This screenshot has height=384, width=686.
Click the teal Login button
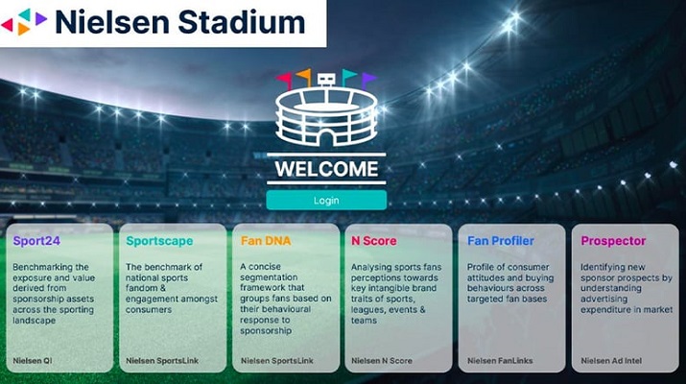(326, 200)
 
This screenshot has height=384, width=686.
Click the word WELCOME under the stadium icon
(326, 169)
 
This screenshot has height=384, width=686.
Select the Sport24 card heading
(36, 241)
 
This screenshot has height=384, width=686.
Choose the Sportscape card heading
(159, 241)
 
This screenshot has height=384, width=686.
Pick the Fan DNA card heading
(266, 241)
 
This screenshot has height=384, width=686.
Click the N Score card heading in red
(373, 241)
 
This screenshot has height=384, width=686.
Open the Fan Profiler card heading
(501, 241)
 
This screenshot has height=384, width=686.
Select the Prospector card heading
(613, 241)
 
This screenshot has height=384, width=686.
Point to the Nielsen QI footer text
(33, 361)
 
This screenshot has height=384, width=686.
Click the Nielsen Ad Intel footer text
(611, 361)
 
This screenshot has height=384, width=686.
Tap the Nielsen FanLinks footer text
(500, 361)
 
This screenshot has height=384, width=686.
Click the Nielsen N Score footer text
(382, 361)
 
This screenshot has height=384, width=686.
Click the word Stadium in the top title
(242, 22)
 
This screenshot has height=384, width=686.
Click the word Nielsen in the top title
(112, 22)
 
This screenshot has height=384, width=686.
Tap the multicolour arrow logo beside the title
(24, 21)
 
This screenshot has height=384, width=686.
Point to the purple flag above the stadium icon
(368, 80)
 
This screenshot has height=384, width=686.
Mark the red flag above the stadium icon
(284, 80)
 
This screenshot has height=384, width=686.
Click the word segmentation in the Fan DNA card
(269, 277)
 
